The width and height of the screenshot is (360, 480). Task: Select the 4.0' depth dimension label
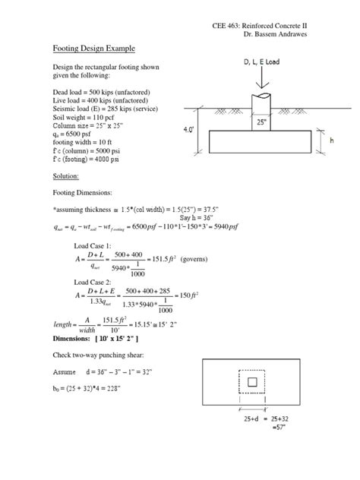194,130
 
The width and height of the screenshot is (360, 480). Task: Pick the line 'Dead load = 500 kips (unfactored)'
101,90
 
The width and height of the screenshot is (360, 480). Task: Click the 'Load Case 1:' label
92,247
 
